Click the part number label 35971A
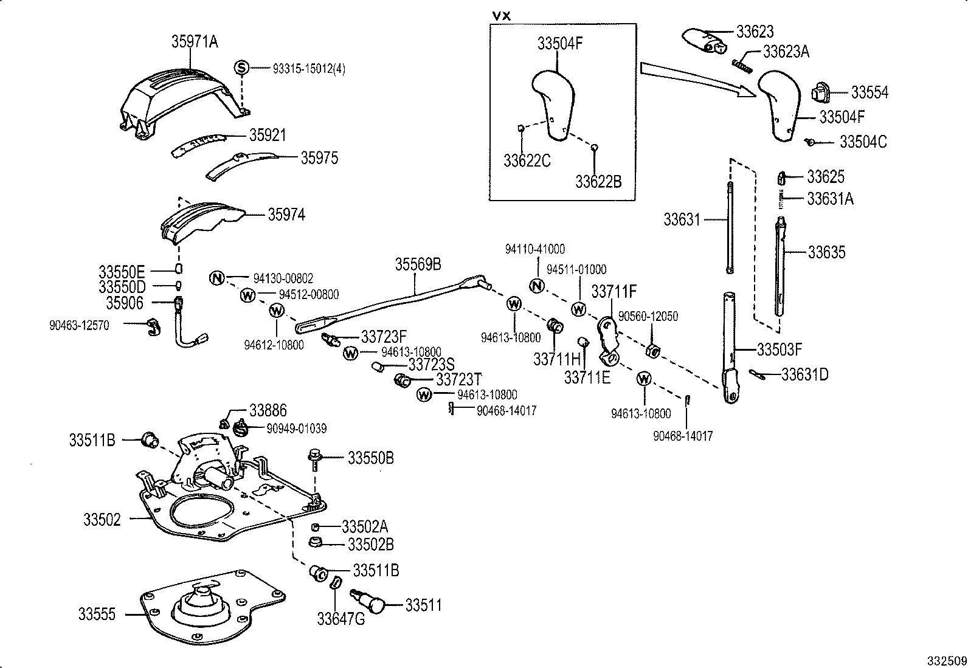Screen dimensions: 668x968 195,42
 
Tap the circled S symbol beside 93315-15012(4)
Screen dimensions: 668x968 242,67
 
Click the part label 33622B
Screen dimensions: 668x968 598,182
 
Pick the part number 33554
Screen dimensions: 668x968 869,92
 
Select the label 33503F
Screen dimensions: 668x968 780,349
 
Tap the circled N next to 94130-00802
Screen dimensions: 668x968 218,278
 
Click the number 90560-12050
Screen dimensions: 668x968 648,317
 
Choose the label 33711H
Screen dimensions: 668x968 557,359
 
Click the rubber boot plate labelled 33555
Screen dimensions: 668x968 207,608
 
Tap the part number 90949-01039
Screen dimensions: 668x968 296,429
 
